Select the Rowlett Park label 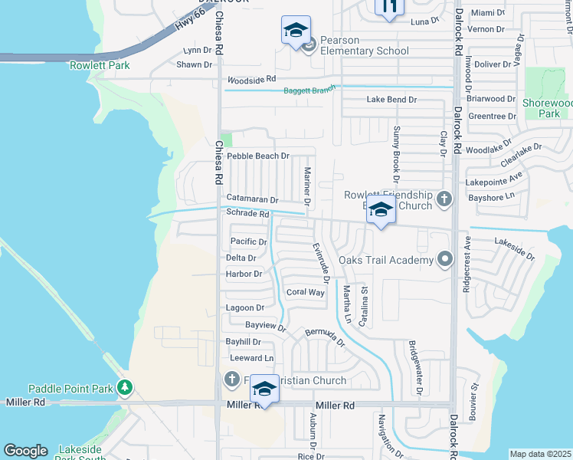[100, 65]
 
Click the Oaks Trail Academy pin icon [443, 260]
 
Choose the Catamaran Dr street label [251, 199]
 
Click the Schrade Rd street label [247, 215]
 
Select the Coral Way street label [305, 292]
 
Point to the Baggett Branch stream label [310, 90]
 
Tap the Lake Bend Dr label [391, 100]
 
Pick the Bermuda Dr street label [326, 336]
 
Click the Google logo [25, 451]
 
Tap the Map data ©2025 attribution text [541, 454]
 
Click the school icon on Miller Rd [264, 389]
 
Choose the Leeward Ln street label [251, 358]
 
